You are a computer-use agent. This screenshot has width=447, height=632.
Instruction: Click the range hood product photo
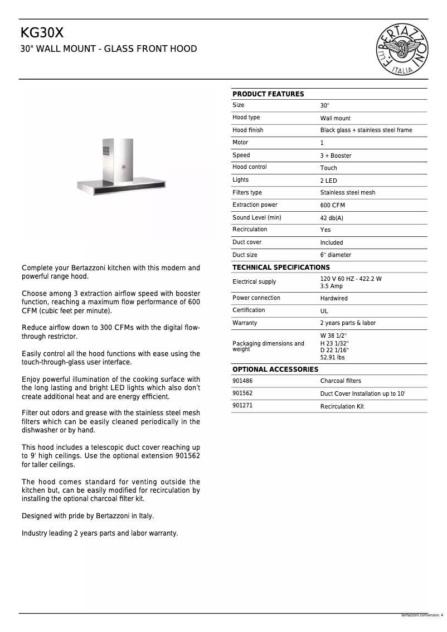pyautogui.click(x=122, y=167)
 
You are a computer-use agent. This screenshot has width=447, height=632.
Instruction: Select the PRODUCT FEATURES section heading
pyautogui.click(x=268, y=94)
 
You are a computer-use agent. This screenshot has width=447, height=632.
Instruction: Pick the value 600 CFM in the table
pyautogui.click(x=332, y=206)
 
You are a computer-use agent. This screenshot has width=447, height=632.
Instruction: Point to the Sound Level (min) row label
pyautogui.click(x=256, y=217)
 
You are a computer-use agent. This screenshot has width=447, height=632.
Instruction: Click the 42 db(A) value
pyautogui.click(x=332, y=218)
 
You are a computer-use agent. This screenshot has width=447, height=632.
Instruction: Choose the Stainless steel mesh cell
pyautogui.click(x=348, y=193)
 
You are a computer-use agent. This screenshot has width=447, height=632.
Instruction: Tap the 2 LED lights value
pyautogui.click(x=328, y=181)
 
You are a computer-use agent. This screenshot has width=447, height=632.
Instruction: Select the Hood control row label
pyautogui.click(x=249, y=167)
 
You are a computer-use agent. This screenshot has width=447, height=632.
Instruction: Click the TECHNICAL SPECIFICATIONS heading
pyautogui.click(x=281, y=268)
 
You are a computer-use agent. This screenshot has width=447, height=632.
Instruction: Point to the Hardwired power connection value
pyautogui.click(x=334, y=299)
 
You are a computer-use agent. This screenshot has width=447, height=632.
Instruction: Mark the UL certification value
pyautogui.click(x=324, y=311)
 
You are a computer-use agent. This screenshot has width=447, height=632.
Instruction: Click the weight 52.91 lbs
pyautogui.click(x=332, y=358)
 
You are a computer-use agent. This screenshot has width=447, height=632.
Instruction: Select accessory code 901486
pyautogui.click(x=242, y=381)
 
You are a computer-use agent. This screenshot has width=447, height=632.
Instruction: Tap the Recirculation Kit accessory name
pyautogui.click(x=342, y=406)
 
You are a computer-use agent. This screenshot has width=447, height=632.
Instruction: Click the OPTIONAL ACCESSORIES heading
pyautogui.click(x=275, y=370)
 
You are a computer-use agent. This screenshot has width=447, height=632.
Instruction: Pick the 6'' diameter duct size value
pyautogui.click(x=336, y=255)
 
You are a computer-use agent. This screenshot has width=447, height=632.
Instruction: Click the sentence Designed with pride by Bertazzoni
pyautogui.click(x=88, y=516)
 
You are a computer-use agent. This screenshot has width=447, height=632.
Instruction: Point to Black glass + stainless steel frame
pyautogui.click(x=366, y=130)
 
